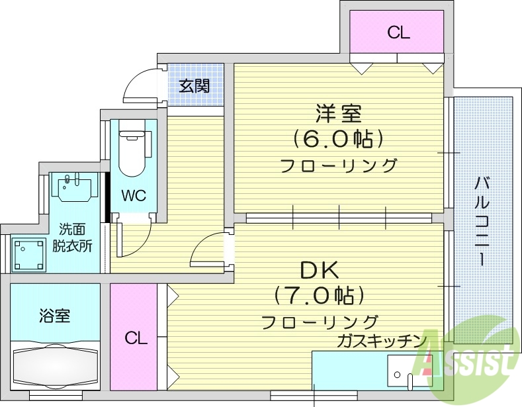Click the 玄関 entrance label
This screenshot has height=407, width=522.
tap(195, 85)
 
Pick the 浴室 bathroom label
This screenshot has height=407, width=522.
tap(54, 315)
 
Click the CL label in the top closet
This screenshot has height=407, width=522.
tap(398, 32)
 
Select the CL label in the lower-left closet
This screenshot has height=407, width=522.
tap(136, 338)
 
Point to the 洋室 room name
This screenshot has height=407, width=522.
tap(338, 114)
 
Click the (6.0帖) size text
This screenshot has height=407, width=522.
tap(338, 139)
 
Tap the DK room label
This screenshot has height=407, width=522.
tap(320, 269)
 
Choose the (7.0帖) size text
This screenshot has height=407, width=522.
tap(320, 295)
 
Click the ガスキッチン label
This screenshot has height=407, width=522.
tap(380, 341)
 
